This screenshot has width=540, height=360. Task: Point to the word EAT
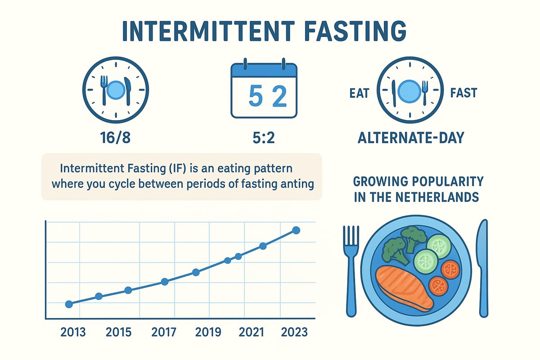point(359,94)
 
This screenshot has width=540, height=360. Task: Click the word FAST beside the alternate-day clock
point(463,94)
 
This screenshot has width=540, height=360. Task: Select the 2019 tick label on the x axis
point(208,332)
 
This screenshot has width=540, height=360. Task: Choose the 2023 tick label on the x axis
point(295,332)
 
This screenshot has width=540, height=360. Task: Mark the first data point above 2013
point(69,304)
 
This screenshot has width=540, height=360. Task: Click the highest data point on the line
point(296,230)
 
